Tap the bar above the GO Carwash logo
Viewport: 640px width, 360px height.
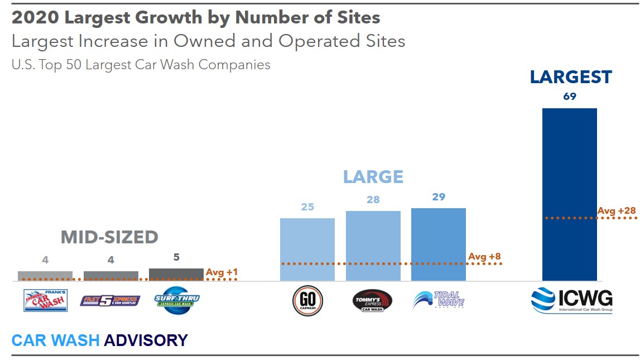click(307, 249)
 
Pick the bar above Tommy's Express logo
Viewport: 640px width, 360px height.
click(373, 246)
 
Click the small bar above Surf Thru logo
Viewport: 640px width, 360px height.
click(176, 274)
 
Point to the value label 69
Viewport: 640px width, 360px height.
click(569, 97)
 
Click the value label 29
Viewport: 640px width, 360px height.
click(439, 197)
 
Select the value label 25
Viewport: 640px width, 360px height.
click(307, 207)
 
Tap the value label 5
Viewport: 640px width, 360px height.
click(176, 258)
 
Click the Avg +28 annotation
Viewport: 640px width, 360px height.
click(617, 211)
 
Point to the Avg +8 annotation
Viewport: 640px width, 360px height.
click(484, 257)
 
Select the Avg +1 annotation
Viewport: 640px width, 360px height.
click(222, 272)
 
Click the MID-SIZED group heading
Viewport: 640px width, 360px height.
click(109, 237)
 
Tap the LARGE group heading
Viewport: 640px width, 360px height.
click(373, 177)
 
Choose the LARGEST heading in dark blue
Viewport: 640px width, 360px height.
click(571, 77)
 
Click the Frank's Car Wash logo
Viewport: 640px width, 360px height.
click(45, 300)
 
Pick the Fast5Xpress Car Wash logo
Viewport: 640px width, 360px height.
click(111, 301)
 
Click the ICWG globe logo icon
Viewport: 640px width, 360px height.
click(542, 301)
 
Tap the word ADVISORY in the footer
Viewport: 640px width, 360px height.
click(146, 340)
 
